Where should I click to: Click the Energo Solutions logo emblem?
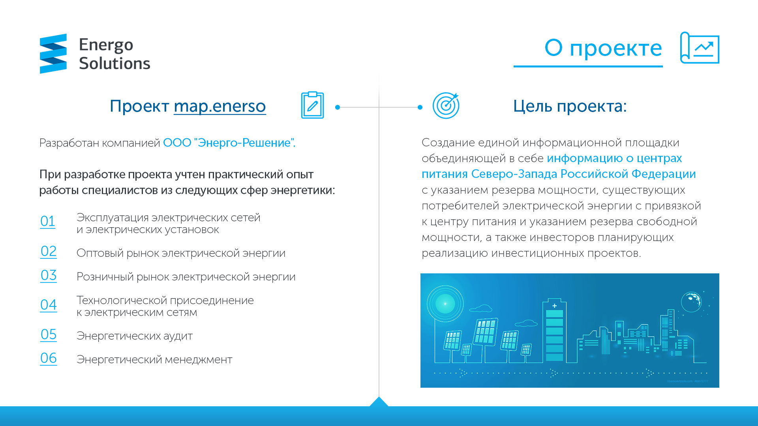click(53, 54)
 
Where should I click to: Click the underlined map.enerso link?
click(220, 106)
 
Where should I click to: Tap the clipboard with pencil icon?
click(312, 105)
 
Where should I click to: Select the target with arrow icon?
click(446, 105)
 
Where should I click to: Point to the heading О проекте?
click(603, 48)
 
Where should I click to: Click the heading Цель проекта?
click(570, 106)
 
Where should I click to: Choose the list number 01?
click(48, 221)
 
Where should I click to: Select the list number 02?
click(49, 251)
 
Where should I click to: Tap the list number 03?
click(49, 275)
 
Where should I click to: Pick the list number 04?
click(49, 305)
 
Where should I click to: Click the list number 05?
click(49, 334)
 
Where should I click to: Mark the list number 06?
click(49, 358)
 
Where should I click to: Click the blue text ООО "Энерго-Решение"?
click(229, 142)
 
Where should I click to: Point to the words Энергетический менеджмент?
click(154, 360)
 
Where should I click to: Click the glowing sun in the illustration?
click(445, 304)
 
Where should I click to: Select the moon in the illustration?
click(691, 302)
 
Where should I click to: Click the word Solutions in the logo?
click(114, 64)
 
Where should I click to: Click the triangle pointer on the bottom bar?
click(379, 402)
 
